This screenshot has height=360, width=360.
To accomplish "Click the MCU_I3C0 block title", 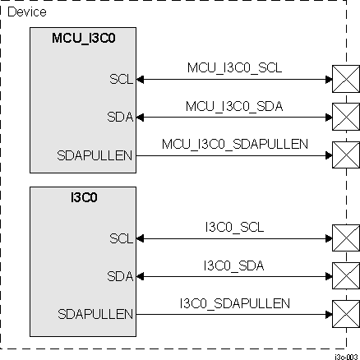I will click(x=82, y=37).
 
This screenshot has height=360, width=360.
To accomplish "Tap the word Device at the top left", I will click(x=27, y=12).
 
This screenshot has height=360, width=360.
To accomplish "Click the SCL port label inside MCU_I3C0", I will click(x=120, y=80).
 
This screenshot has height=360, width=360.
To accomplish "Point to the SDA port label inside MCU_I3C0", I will click(x=119, y=116).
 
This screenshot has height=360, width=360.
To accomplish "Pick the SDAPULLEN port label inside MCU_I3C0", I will click(x=99, y=153).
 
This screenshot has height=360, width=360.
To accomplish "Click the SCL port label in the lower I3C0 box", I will click(x=120, y=239).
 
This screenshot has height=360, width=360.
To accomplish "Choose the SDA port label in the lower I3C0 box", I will click(x=119, y=275).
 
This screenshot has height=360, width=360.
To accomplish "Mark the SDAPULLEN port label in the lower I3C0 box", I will click(x=99, y=313).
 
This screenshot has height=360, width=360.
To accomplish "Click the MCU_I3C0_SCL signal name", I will click(x=234, y=69).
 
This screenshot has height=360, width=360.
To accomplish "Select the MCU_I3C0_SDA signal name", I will click(x=234, y=105).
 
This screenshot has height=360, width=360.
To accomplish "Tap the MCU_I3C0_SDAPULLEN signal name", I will click(x=234, y=143).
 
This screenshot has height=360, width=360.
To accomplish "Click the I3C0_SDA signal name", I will click(x=234, y=265).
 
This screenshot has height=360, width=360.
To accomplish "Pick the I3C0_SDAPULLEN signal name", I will click(x=234, y=302).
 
